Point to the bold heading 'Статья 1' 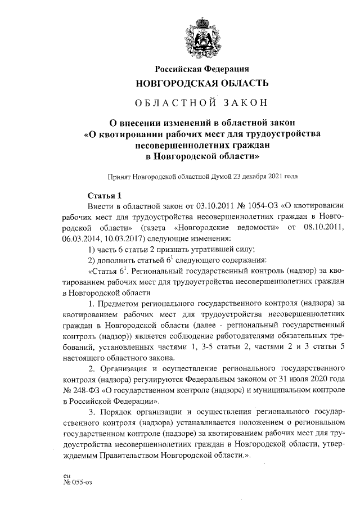pyautogui.click(x=105, y=196)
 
